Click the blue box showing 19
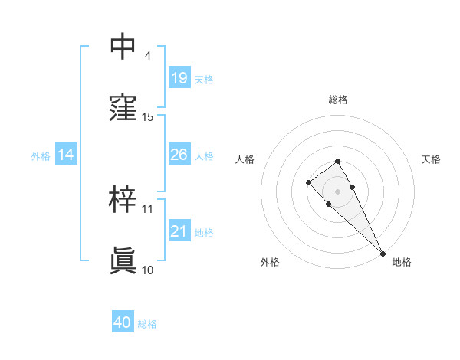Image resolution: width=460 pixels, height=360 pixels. tap(179, 78)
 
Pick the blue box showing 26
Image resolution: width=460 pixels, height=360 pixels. tap(179, 155)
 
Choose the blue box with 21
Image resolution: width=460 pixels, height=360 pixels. tap(179, 231)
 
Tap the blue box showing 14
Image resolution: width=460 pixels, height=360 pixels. tap(66, 155)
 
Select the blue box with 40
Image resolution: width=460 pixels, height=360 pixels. tap(123, 322)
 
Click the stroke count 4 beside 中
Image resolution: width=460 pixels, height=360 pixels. tap(147, 56)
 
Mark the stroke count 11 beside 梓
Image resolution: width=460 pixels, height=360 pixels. tap(148, 208)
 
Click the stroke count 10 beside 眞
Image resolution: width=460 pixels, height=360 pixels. tap(148, 270)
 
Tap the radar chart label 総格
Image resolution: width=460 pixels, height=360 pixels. tap(338, 100)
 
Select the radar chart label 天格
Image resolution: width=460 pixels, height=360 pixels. tap(431, 159)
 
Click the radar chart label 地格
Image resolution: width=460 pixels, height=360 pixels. tap(402, 262)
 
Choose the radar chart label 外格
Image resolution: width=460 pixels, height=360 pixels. tap(270, 262)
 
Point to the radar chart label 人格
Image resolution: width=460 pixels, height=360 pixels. tap(245, 159)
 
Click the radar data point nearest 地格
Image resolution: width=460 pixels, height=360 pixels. tap(383, 254)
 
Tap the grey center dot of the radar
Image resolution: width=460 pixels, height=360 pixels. tap(337, 191)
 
